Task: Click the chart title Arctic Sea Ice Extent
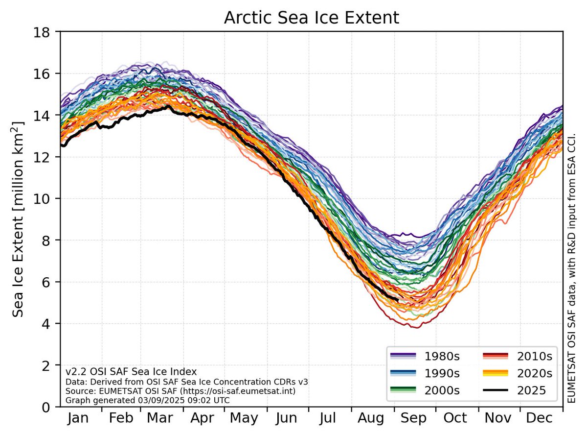click(312, 18)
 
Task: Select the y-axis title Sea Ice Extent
click(18, 218)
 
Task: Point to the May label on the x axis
click(245, 419)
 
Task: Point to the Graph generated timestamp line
click(147, 400)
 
